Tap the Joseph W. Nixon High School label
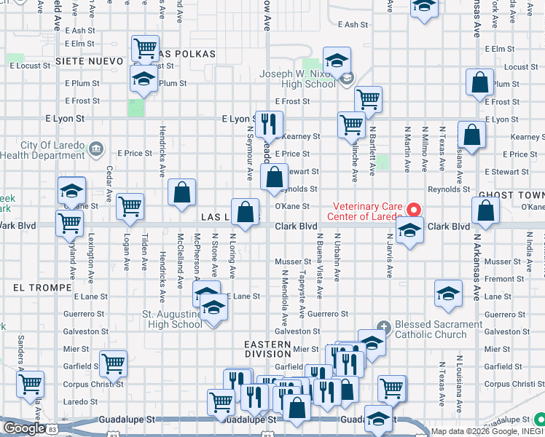(x=298, y=79)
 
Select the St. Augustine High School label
(x=172, y=320)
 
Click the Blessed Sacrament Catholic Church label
(x=431, y=330)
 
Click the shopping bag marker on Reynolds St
(x=274, y=178)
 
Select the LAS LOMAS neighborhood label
(x=222, y=218)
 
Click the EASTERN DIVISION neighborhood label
(x=267, y=349)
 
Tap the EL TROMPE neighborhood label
(x=35, y=288)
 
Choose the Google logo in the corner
(x=24, y=428)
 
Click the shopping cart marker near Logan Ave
(x=130, y=206)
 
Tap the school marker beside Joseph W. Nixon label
(x=337, y=61)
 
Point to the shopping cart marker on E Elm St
(x=145, y=49)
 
